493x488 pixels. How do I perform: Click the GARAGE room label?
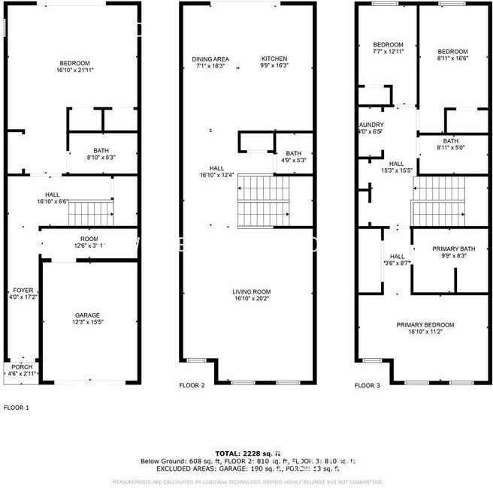click(87, 315)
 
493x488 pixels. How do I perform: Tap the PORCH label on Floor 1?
click(20, 367)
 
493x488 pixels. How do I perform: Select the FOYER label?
click(22, 290)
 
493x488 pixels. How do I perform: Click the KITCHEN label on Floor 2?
click(274, 59)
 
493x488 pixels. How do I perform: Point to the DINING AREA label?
click(210, 59)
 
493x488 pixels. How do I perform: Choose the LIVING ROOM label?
click(251, 291)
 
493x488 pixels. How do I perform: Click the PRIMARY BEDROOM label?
click(425, 324)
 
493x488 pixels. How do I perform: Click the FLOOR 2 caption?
click(192, 385)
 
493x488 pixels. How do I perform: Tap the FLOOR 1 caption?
click(17, 407)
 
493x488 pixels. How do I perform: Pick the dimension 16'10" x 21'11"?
click(74, 70)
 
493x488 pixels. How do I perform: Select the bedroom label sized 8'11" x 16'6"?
click(453, 55)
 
